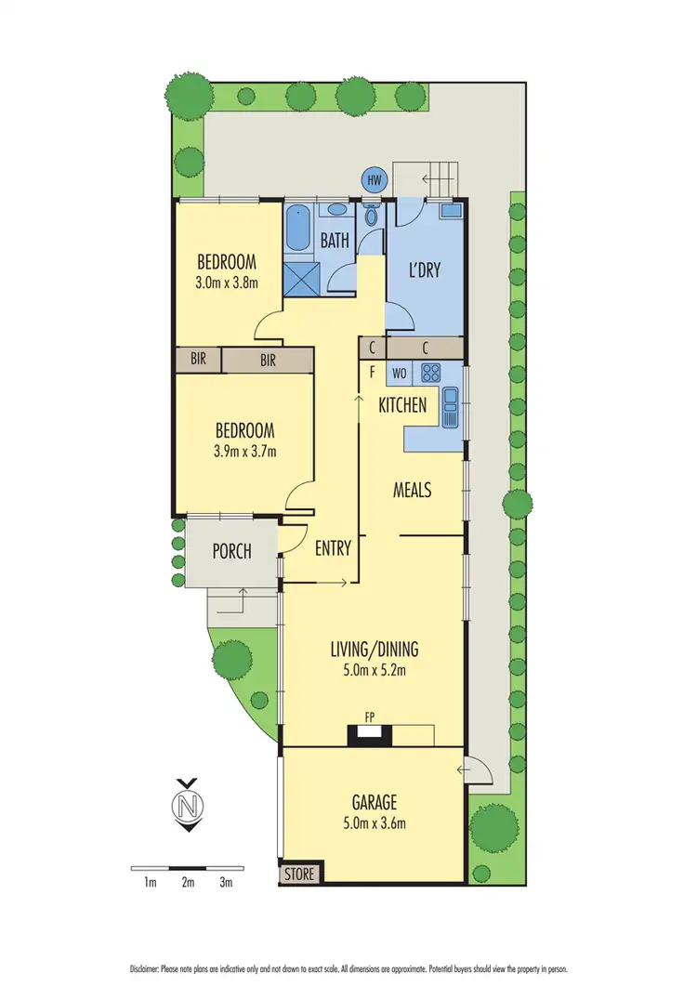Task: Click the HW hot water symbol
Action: [x=375, y=180]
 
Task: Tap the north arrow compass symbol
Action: [x=190, y=804]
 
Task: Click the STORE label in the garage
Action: [x=300, y=874]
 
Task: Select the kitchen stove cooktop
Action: [x=431, y=374]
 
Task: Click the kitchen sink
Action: [x=451, y=407]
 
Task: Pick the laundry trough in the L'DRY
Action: [x=451, y=211]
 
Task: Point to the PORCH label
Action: [x=232, y=551]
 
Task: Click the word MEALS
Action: [x=413, y=490]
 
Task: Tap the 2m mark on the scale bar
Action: [x=188, y=882]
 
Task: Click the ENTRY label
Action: [x=333, y=548]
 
